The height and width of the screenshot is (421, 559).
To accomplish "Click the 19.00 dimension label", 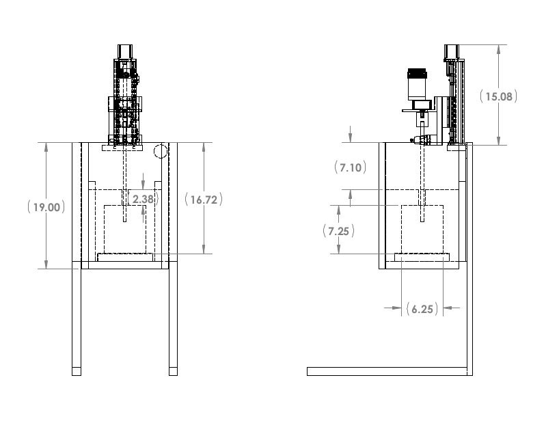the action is (x=46, y=207).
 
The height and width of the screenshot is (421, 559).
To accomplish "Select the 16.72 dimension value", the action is (x=204, y=200).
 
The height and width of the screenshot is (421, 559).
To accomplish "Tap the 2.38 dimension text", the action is (x=143, y=199).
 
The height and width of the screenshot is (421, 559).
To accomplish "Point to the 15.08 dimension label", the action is (x=498, y=96).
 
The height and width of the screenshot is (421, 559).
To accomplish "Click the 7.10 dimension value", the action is (x=351, y=167).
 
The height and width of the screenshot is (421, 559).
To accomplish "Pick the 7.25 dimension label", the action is (x=338, y=231).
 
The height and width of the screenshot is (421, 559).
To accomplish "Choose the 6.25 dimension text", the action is (x=422, y=309).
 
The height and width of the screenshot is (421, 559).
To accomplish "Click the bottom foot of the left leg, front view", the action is (x=77, y=371).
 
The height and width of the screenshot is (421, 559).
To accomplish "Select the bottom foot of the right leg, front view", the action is (x=173, y=371).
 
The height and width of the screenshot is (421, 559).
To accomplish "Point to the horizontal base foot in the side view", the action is (x=387, y=371).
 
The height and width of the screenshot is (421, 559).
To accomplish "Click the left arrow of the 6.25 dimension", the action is (x=396, y=308).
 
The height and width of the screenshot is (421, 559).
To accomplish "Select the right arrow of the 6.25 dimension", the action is (x=449, y=308).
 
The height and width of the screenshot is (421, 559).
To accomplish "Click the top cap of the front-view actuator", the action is (x=125, y=52).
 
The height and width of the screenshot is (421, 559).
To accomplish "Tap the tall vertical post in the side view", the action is (x=469, y=259).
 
